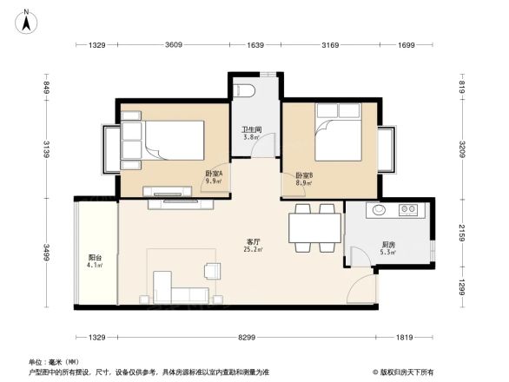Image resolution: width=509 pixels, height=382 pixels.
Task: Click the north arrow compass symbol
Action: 27,20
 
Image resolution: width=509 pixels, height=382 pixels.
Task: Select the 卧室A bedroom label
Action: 214,174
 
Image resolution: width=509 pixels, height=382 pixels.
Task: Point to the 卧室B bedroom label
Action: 304,174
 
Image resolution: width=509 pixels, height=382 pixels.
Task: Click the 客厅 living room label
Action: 254,240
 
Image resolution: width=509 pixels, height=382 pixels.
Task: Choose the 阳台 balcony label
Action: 95,257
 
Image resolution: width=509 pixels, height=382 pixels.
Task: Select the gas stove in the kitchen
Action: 408,210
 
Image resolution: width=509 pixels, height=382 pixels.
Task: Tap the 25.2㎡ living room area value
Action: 254,250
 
